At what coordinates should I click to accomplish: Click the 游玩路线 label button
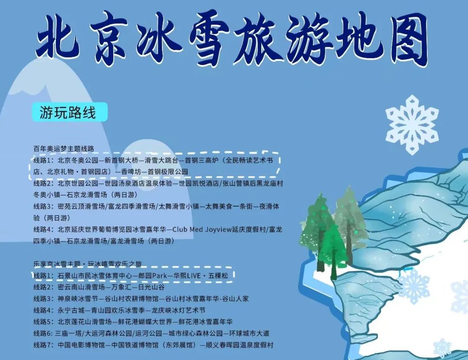point(69,112)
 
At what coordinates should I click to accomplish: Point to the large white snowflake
point(412,125)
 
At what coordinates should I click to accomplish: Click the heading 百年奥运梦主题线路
point(64,149)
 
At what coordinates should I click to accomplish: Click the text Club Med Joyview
point(202,229)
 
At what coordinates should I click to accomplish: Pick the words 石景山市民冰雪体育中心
point(94,276)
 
